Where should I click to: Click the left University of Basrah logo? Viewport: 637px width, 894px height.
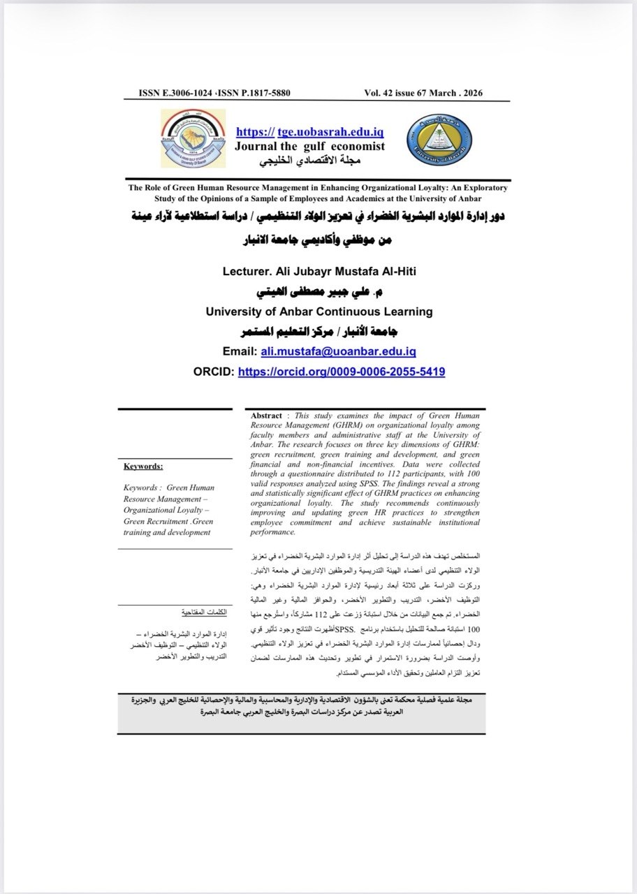point(189,137)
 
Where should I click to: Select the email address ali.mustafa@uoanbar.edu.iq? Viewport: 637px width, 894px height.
point(339,352)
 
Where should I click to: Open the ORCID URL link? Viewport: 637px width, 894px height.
point(341,372)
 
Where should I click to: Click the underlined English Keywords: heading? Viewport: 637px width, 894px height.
point(143,466)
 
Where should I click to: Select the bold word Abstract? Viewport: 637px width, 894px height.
point(266,416)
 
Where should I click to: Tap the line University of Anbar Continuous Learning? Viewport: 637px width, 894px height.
point(319,312)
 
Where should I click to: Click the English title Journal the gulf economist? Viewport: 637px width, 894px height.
point(309,146)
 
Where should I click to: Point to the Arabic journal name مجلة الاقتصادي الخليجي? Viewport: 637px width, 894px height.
point(309,161)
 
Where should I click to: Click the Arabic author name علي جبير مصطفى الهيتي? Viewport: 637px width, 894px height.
point(318,291)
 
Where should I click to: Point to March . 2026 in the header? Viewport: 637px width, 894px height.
point(457,93)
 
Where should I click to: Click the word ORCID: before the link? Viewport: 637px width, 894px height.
point(213,372)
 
